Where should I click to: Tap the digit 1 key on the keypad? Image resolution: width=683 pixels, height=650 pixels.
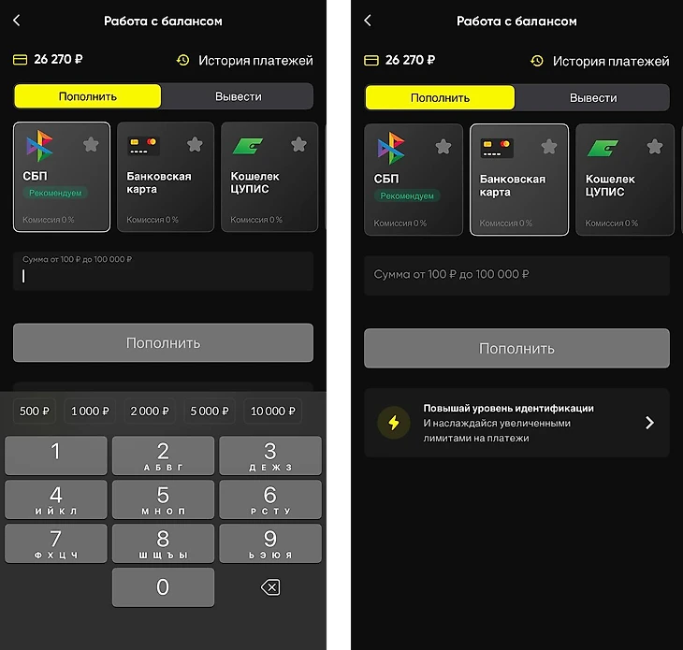coord(56,455)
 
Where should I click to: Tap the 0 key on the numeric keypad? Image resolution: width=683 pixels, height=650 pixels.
coord(163,587)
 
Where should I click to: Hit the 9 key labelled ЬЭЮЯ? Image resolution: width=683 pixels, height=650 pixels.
coord(270,542)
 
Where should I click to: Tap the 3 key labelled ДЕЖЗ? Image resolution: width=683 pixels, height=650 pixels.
coord(270,455)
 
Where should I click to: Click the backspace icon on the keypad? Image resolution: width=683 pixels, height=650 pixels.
coord(270,587)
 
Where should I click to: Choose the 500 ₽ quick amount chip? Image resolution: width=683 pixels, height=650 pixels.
coord(35,411)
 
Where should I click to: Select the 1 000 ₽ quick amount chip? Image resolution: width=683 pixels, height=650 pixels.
coord(90,411)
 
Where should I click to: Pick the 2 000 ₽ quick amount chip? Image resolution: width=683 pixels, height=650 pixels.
coord(150,411)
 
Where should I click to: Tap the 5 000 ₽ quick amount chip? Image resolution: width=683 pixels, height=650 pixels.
coord(209,411)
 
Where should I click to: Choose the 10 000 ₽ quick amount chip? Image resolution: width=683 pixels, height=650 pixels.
coord(272,411)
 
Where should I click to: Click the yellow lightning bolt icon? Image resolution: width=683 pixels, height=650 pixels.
coord(394,423)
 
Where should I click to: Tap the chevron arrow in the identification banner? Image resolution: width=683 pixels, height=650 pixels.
coord(649,423)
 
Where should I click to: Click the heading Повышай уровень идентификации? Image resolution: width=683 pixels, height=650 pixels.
coord(508,409)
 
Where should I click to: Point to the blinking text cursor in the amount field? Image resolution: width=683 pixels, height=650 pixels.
coord(23,276)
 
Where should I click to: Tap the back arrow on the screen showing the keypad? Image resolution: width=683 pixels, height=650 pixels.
coord(17,21)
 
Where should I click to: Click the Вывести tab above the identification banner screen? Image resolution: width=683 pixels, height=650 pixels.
coord(593,98)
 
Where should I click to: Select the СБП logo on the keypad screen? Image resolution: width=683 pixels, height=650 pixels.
coord(39,146)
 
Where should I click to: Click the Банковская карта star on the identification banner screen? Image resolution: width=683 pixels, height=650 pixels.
coord(549,147)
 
